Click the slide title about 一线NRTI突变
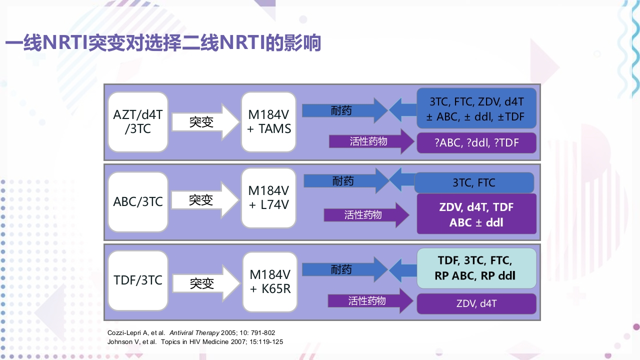point(162,43)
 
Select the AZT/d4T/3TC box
point(138,122)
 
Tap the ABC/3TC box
point(138,202)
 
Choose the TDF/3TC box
point(138,280)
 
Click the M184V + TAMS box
point(269,122)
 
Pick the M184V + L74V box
point(269,198)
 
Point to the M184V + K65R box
point(270,282)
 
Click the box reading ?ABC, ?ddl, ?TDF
point(476,143)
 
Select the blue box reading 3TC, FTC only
point(474,182)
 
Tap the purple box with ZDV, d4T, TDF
point(476,214)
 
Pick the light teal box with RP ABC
point(476,268)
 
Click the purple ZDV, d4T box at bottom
point(476,303)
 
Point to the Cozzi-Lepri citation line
point(191,332)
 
